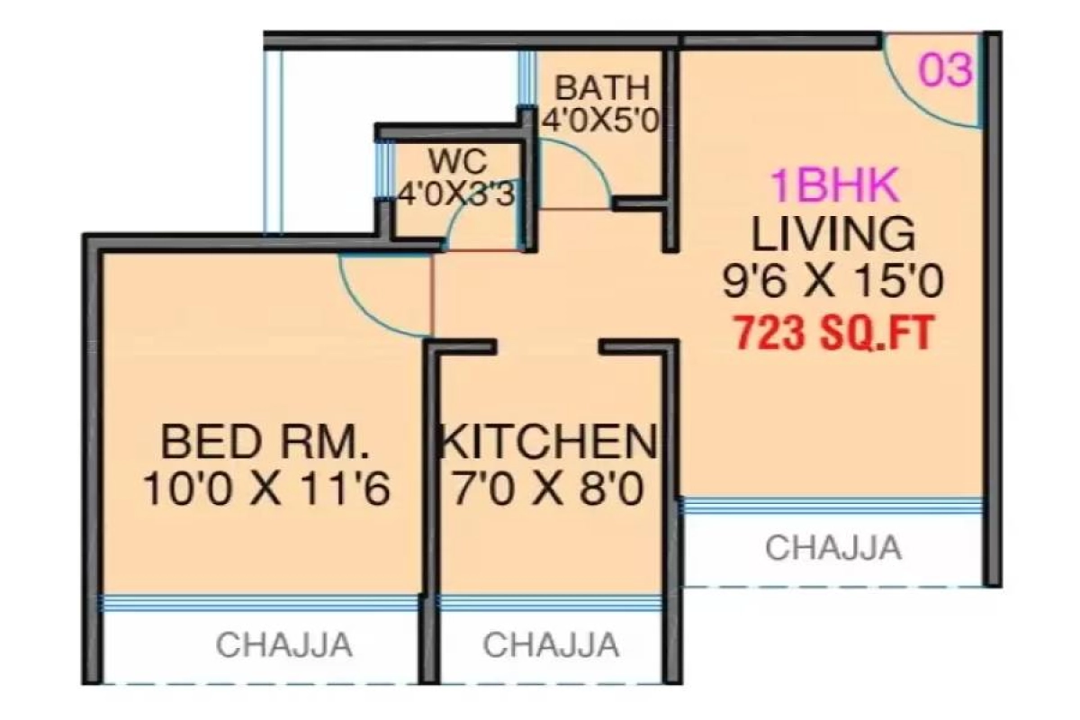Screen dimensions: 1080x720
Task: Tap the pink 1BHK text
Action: coord(835,185)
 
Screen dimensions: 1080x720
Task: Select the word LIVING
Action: coord(833,234)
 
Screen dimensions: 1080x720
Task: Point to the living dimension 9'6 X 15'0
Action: coord(832,282)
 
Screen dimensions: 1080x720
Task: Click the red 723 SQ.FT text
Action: coord(833,333)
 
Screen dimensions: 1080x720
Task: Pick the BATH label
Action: coord(603,88)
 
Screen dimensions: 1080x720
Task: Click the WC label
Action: coord(458,162)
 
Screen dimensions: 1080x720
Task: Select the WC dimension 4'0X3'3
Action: coord(455,194)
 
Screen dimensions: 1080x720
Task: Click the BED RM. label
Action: coord(265,442)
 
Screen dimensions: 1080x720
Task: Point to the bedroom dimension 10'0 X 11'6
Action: coord(266,489)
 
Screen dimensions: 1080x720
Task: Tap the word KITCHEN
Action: coord(549,442)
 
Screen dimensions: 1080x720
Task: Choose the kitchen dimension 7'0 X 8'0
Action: coord(548,489)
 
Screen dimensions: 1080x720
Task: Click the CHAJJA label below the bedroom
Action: coord(284,644)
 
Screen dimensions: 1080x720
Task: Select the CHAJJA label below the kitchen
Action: coord(551,644)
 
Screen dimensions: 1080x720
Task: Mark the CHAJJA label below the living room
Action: coord(833,547)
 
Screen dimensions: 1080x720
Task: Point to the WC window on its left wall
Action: coord(383,169)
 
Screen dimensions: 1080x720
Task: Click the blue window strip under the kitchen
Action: coord(550,603)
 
